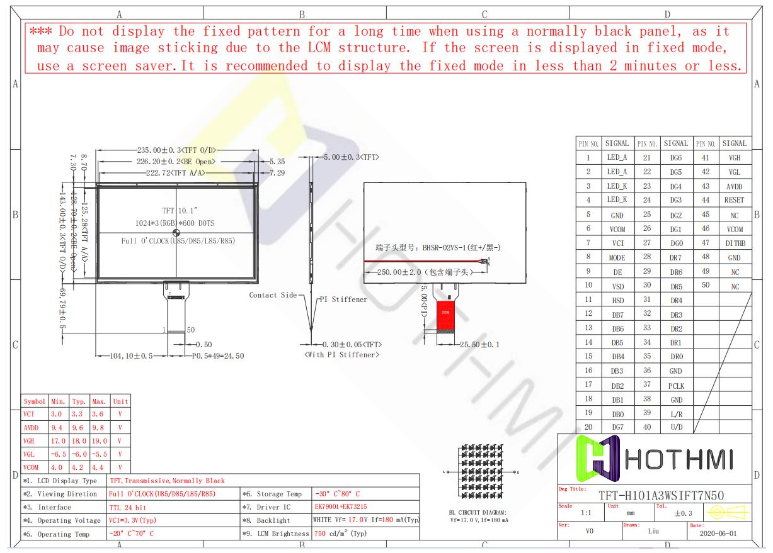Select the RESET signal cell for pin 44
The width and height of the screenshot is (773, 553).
point(734,200)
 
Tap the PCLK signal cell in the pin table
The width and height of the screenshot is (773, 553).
point(676,386)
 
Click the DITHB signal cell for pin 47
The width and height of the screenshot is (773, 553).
point(734,243)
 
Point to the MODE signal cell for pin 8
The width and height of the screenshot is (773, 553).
point(617,257)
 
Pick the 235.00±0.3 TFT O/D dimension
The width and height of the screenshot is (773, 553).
point(176,150)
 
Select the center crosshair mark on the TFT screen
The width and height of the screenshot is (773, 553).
point(176,233)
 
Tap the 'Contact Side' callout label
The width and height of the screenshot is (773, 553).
point(272,295)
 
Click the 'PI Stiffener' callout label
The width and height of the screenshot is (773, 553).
point(343,299)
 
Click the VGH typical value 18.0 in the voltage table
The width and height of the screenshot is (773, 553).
point(79,441)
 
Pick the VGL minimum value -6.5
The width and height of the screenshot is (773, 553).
point(59,454)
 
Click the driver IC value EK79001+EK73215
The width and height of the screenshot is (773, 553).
point(341,507)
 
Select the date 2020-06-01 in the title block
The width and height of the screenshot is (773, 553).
point(717,533)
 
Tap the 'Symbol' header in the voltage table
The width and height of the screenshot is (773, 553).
point(34,401)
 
